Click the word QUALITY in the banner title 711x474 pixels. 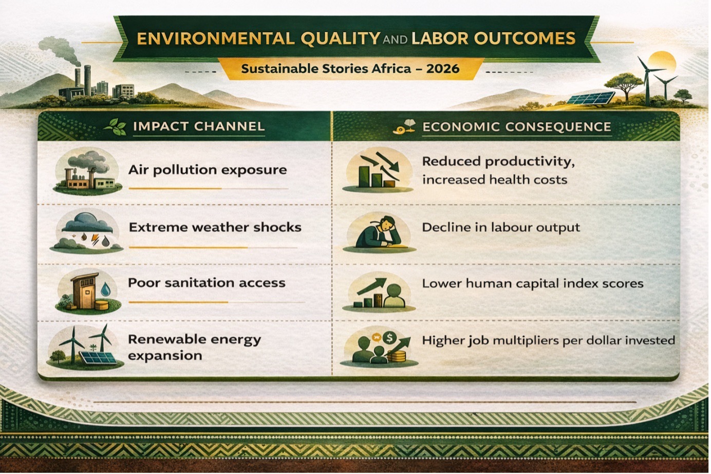tap(340, 39)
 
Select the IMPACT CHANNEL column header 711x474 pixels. tap(199, 126)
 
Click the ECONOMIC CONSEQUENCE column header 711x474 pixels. tap(517, 126)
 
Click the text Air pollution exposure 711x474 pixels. tap(207, 170)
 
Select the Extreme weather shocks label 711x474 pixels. tap(215, 227)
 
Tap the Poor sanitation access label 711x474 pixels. tap(207, 283)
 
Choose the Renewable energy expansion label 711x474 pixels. tap(194, 347)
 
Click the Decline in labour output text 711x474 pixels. tap(501, 227)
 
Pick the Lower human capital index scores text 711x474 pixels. tap(533, 283)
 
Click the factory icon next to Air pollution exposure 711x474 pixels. tap(87, 172)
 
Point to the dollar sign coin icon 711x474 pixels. tap(389, 337)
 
